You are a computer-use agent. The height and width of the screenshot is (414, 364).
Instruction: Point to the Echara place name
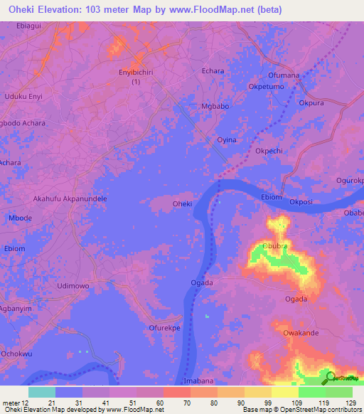pos(213,71)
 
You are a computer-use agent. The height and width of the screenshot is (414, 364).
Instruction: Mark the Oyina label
pos(226,140)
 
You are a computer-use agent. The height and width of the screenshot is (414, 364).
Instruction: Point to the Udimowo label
pos(73,285)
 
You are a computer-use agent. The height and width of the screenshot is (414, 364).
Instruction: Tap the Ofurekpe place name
pos(165,328)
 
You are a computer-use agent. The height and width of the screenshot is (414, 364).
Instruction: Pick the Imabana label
pos(199,381)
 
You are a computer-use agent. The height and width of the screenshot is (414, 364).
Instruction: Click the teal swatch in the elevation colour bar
pos(41,392)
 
